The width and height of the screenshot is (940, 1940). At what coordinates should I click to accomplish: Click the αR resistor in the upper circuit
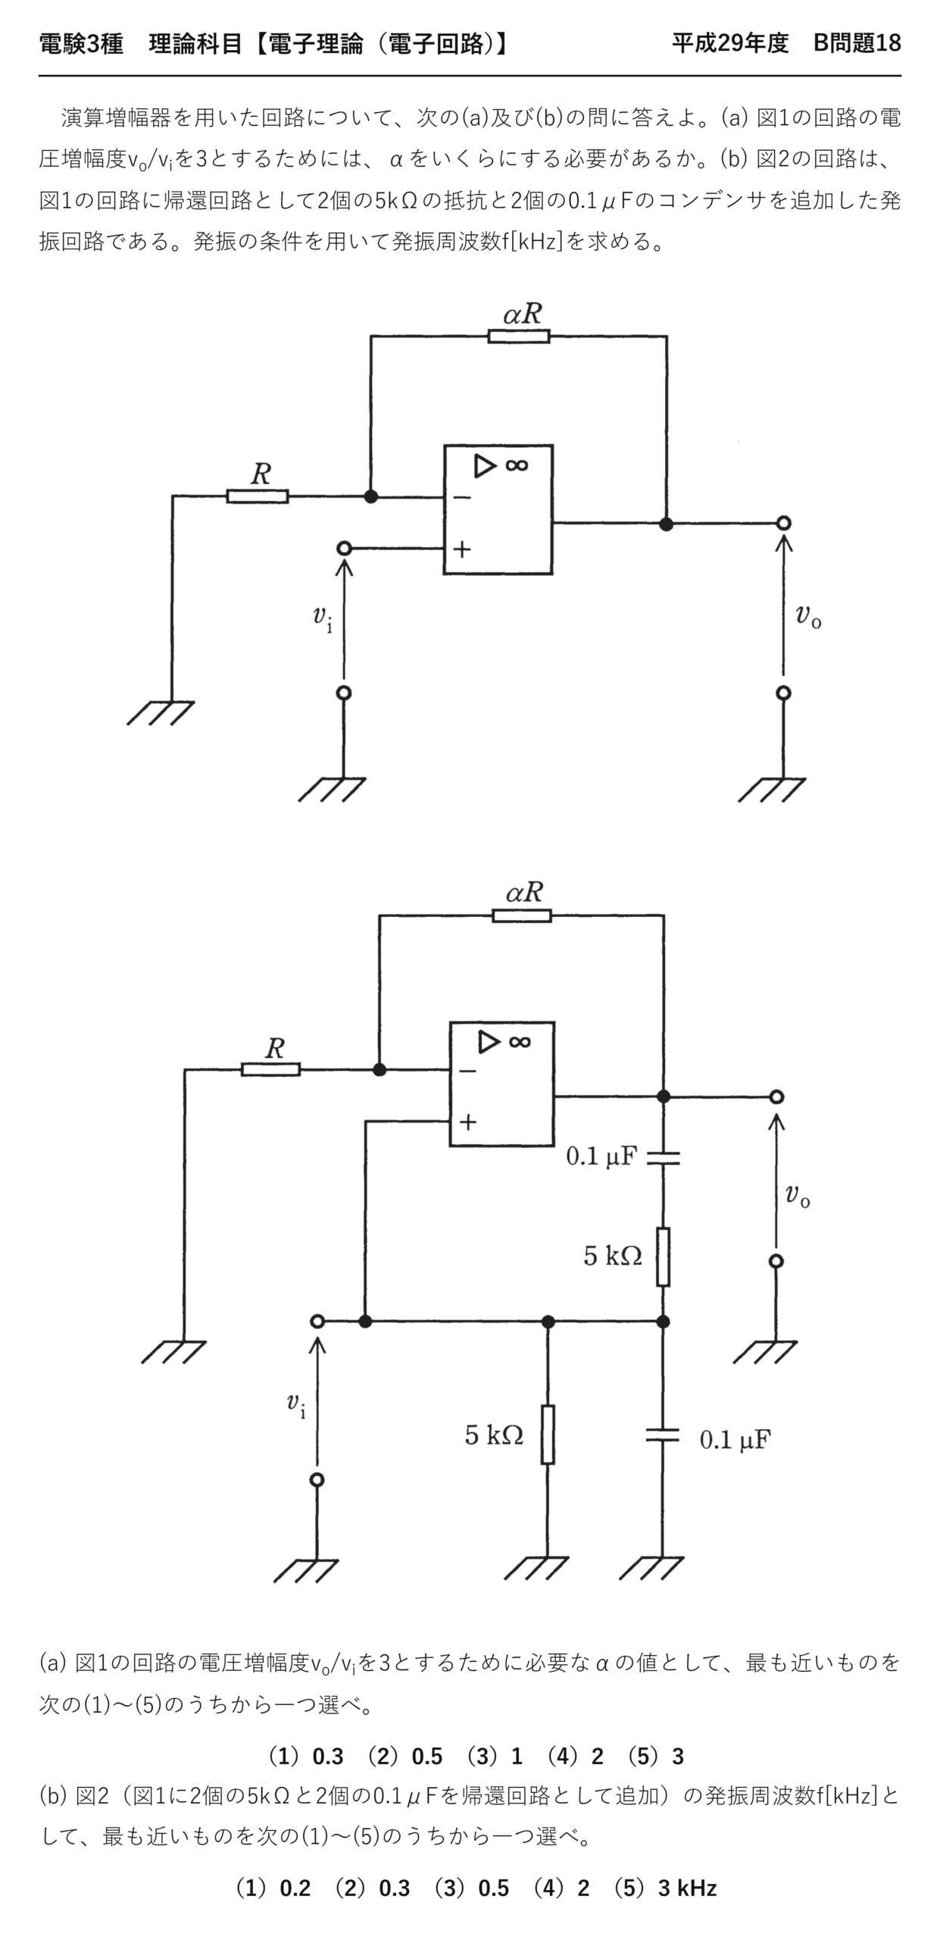coord(519,336)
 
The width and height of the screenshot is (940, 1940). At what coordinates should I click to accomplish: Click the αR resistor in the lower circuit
coord(522,915)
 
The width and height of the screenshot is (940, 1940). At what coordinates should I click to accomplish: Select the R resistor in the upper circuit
coord(258,496)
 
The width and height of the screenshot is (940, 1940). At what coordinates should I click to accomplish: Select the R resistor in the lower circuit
coord(270,1069)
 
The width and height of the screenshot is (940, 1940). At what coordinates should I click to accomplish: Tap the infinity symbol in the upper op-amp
coord(517,465)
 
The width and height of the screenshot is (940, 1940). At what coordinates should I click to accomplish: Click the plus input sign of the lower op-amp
coord(468,1122)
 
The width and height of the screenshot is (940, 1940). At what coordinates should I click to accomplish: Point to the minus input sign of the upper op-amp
coord(463,498)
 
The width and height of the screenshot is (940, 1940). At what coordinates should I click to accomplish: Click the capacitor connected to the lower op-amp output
coord(664,1157)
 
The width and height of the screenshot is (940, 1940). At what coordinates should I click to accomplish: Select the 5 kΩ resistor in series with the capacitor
coord(663,1256)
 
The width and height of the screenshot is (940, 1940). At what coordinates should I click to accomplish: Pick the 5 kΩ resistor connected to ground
coord(548,1434)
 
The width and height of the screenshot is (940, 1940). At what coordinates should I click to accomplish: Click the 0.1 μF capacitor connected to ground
coord(663,1435)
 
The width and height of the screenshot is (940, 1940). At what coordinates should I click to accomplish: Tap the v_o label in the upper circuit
coord(808,615)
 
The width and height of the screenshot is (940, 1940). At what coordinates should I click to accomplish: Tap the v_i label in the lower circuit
coord(297,1404)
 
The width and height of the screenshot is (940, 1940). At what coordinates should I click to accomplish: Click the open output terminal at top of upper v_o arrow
coord(784,523)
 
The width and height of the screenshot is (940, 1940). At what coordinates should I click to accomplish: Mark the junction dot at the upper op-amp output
coord(666,524)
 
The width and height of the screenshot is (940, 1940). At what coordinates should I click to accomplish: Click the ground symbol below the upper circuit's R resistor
coord(161,712)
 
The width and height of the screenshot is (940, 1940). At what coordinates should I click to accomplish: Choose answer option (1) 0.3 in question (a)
coord(306,1756)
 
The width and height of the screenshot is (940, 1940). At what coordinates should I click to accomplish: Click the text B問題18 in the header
coord(857,43)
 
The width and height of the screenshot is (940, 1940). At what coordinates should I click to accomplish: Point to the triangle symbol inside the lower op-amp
coord(489,1042)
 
